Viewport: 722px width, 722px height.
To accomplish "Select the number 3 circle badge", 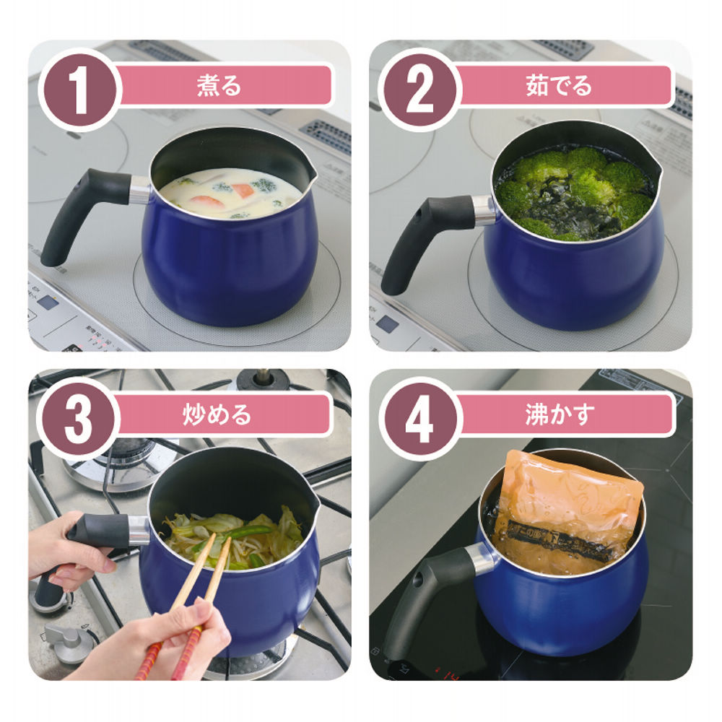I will (78, 418).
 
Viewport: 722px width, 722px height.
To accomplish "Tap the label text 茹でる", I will (560, 86).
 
